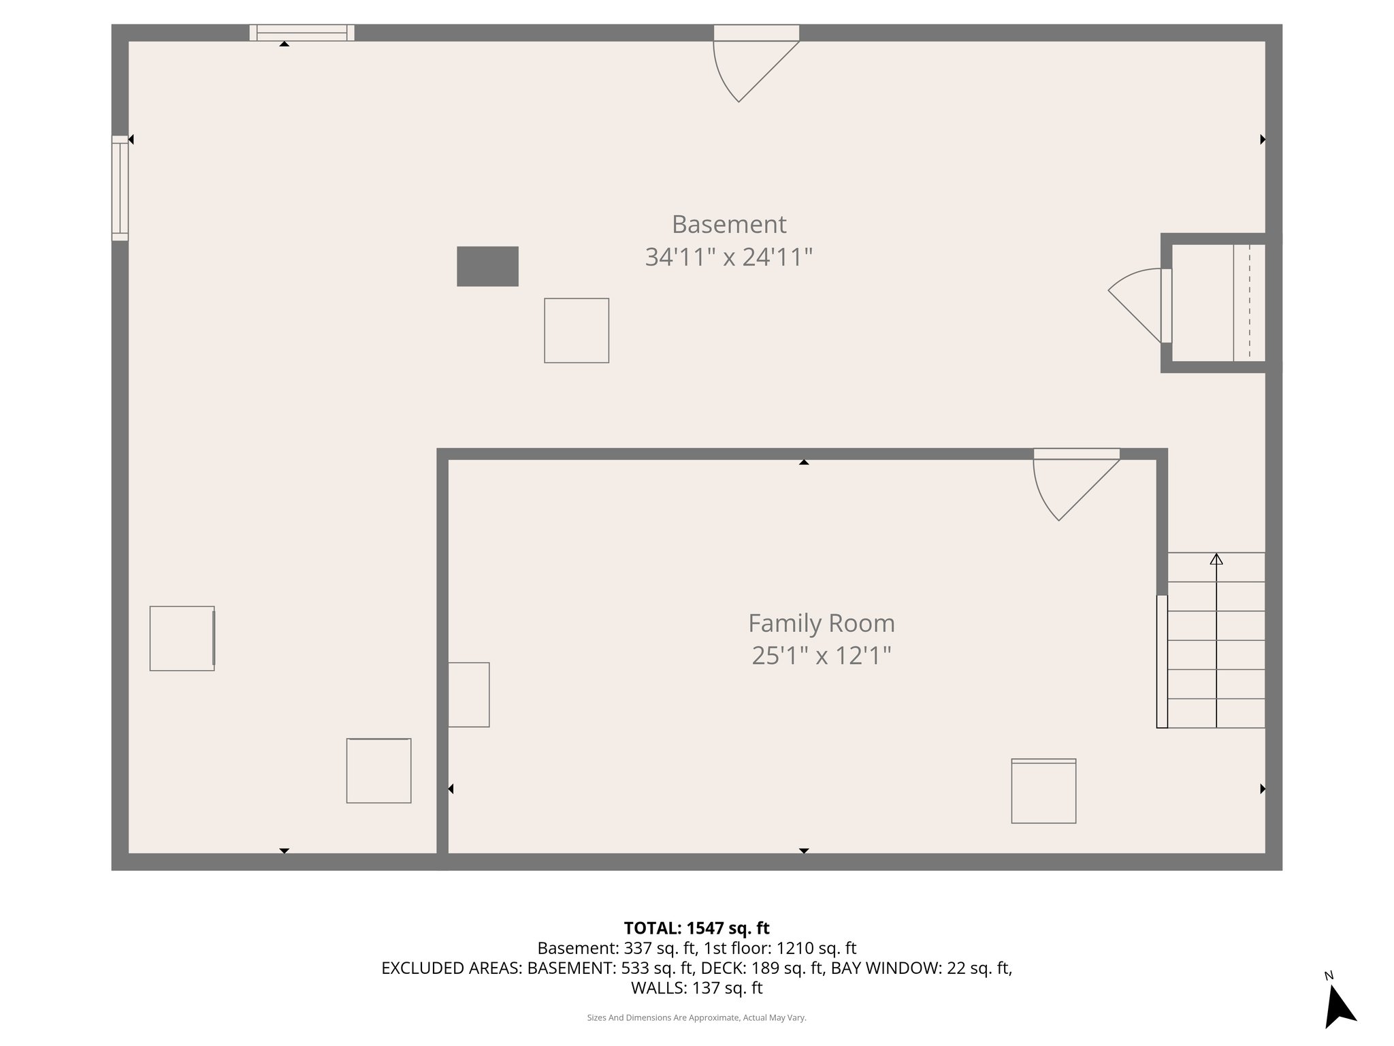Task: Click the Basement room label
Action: [728, 224]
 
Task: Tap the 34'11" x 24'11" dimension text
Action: [728, 257]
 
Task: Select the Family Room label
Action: [821, 623]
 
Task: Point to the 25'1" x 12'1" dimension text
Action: [821, 656]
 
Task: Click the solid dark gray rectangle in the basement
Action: [487, 266]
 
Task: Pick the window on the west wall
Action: [120, 188]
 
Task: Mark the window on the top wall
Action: [302, 33]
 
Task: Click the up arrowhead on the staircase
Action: [1216, 559]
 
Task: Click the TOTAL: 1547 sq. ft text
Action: [696, 928]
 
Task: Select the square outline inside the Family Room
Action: [1043, 791]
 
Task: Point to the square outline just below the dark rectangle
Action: [576, 330]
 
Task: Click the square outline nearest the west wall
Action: [182, 639]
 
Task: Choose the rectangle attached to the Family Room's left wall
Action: [469, 695]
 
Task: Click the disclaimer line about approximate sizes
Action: [696, 1017]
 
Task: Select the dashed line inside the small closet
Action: [1249, 302]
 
